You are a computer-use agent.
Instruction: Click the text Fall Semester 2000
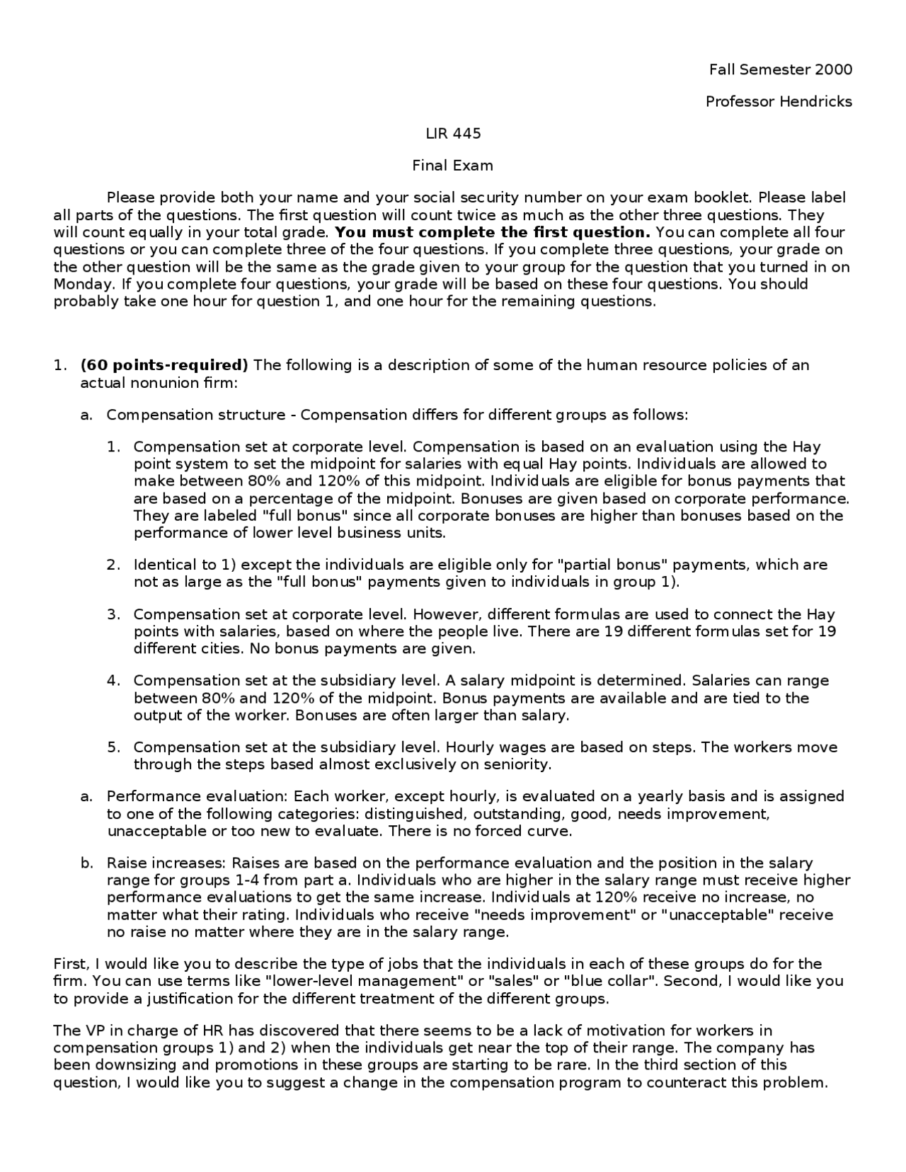tap(780, 69)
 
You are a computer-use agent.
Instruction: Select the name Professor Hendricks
tap(779, 101)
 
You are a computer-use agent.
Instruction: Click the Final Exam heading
tap(453, 166)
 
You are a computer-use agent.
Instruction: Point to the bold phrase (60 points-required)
tap(164, 365)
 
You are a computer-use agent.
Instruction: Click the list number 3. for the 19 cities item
tap(114, 614)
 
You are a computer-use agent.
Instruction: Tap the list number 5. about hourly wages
tap(114, 747)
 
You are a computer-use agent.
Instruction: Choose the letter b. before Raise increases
tap(86, 863)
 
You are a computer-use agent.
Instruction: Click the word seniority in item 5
tap(515, 764)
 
